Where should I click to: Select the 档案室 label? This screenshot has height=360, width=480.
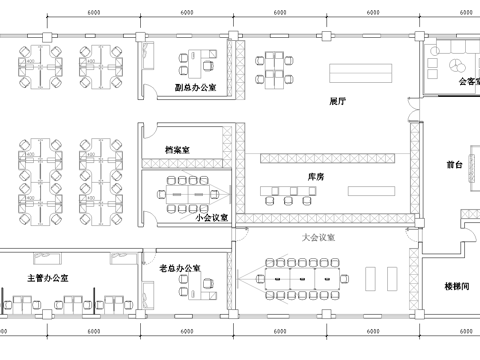point(179,150)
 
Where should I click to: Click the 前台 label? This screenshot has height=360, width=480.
point(453,163)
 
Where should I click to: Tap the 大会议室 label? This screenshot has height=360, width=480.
point(317,239)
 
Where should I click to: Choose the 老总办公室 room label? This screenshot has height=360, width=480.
point(180,270)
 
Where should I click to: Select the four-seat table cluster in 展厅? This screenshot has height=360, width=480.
point(277,65)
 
